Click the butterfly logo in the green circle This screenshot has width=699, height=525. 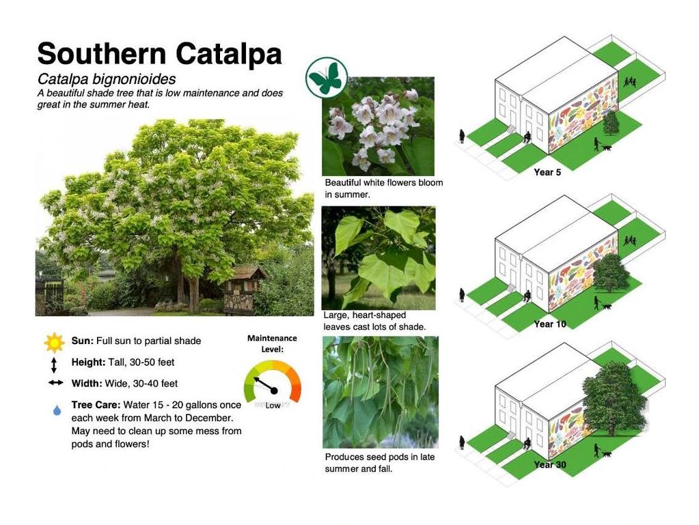click(x=327, y=78)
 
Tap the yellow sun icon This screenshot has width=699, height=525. click(x=55, y=343)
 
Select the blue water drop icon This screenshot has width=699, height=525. click(x=57, y=410)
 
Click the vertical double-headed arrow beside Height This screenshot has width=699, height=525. click(x=54, y=365)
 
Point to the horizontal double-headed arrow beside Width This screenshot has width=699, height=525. click(x=56, y=382)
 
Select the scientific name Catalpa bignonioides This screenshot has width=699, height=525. click(x=107, y=79)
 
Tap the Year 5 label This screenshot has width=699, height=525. click(x=547, y=172)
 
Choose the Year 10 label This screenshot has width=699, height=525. click(x=549, y=324)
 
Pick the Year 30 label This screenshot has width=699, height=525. click(x=549, y=465)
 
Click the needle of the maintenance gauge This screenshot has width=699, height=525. click(x=265, y=385)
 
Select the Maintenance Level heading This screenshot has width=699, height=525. click(x=272, y=344)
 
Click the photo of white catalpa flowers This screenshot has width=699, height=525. click(x=378, y=126)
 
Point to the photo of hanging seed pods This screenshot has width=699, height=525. click(x=381, y=392)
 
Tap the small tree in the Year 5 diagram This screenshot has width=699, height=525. click(x=611, y=122)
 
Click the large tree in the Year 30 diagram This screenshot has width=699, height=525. click(x=614, y=399)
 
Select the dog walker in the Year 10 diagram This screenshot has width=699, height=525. click(x=601, y=303)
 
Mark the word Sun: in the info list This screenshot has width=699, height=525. click(x=83, y=341)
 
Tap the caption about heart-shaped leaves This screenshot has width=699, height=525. click(x=374, y=321)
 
